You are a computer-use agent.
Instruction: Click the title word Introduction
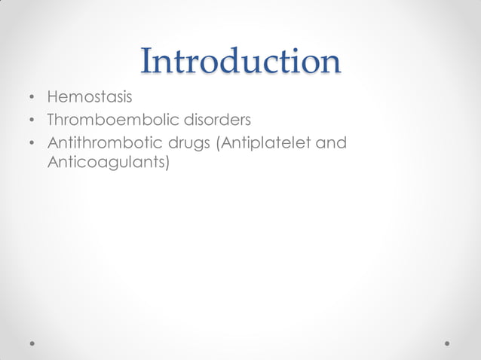pos(240,61)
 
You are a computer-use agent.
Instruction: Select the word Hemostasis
pos(89,97)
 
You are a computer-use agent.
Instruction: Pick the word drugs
pos(187,143)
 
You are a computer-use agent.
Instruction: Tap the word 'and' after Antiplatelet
pos(330,142)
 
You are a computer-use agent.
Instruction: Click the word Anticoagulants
pos(105,162)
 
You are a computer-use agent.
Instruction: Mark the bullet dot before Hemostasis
pos(32,98)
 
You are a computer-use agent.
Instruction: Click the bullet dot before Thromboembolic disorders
pos(32,121)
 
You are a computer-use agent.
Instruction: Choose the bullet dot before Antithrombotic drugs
pos(32,143)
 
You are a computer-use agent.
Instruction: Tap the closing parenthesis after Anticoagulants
pos(166,163)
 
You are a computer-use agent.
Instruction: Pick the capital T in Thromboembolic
pos(52,120)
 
